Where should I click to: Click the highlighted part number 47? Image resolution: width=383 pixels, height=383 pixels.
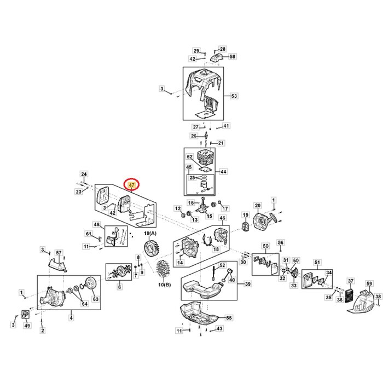pyautogui.click(x=131, y=185)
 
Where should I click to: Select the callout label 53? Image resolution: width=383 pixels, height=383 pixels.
pyautogui.click(x=234, y=96)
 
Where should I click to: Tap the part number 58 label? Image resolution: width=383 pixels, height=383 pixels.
pyautogui.click(x=233, y=57)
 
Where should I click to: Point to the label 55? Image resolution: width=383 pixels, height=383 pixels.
pyautogui.click(x=229, y=317)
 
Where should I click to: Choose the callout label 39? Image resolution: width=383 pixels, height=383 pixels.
pyautogui.click(x=247, y=284)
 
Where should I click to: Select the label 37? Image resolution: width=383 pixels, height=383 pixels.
pyautogui.click(x=351, y=281)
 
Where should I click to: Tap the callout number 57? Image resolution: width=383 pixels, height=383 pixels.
pyautogui.click(x=59, y=252)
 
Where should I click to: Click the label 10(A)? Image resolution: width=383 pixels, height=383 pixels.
pyautogui.click(x=149, y=233)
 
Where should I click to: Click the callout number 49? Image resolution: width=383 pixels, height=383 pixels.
pyautogui.click(x=28, y=326)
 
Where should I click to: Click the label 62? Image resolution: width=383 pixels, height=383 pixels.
pyautogui.click(x=189, y=156)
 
